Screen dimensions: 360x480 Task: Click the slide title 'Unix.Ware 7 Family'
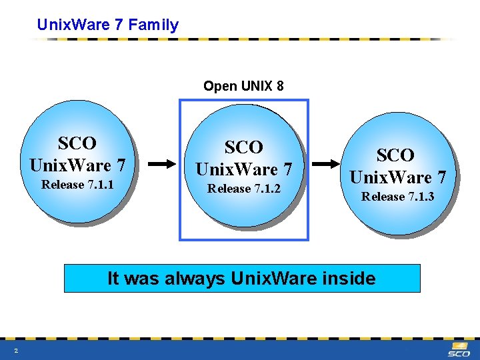click(108, 25)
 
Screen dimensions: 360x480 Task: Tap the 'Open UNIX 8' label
click(243, 86)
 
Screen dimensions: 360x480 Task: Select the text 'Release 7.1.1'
click(77, 185)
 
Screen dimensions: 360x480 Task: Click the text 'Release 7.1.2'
click(244, 189)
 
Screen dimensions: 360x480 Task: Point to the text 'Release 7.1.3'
click(397, 196)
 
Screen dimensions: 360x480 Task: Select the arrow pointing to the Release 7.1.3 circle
click(326, 163)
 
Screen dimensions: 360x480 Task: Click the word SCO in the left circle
click(77, 143)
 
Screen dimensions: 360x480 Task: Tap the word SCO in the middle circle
click(244, 147)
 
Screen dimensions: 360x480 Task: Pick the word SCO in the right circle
click(395, 155)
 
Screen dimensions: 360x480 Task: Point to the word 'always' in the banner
click(193, 278)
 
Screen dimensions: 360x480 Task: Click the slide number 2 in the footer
click(15, 351)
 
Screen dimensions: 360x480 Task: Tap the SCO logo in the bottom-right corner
click(459, 350)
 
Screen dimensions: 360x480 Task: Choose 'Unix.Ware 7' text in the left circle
click(77, 164)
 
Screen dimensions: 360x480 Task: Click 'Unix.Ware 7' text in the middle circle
click(244, 169)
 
